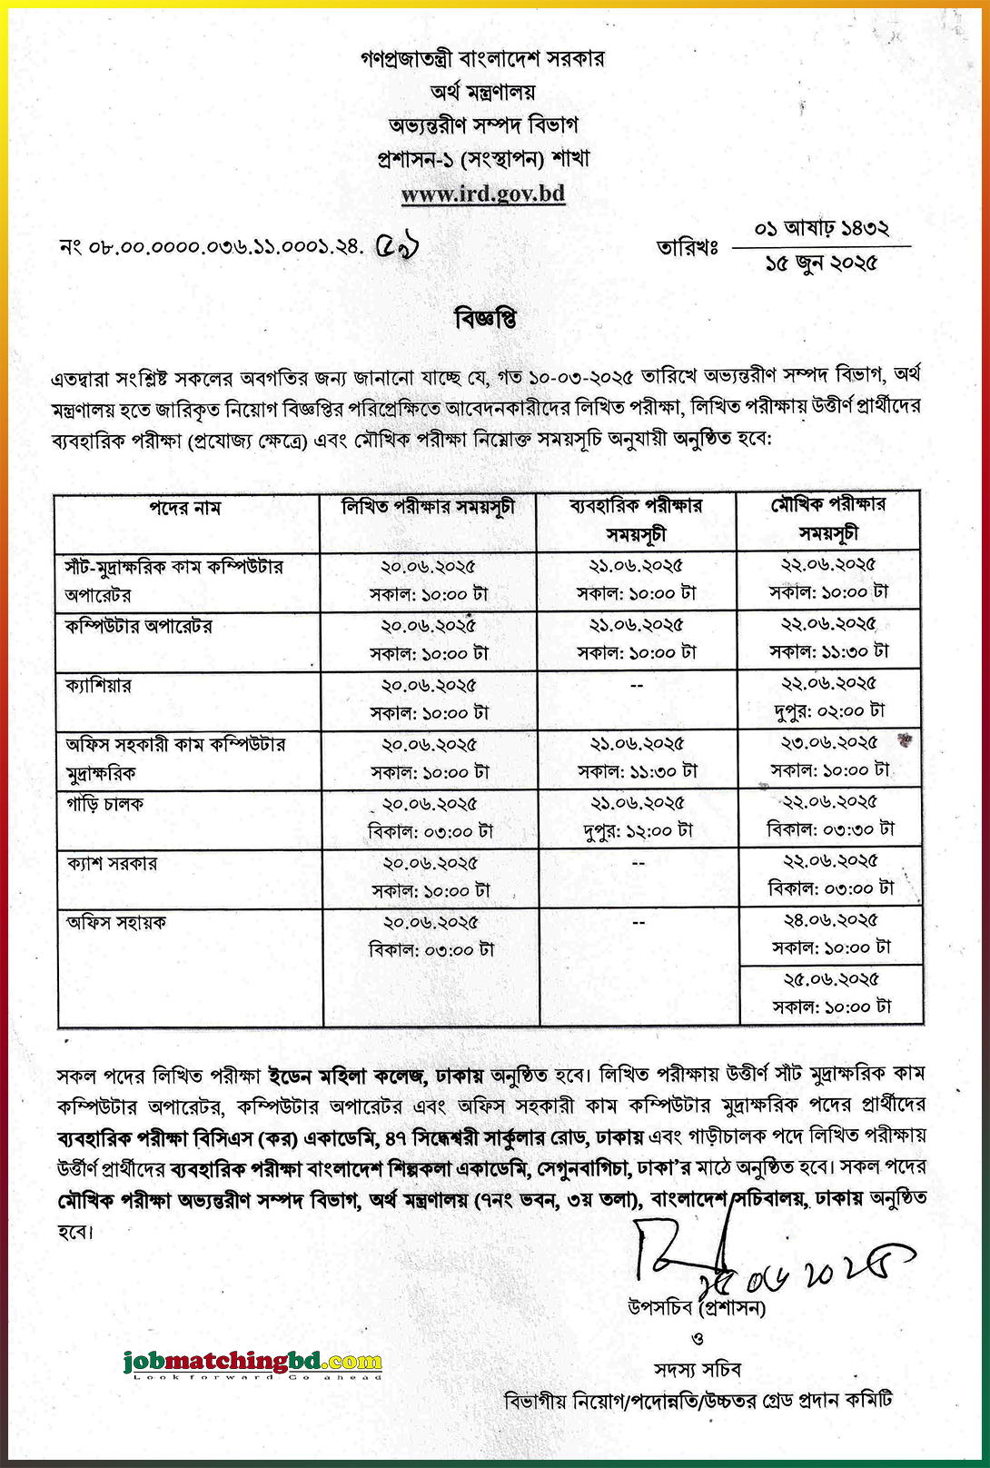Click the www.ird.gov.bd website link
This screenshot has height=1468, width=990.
(483, 193)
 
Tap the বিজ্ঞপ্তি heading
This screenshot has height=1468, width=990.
(485, 318)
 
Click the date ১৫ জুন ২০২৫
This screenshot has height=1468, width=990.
(821, 263)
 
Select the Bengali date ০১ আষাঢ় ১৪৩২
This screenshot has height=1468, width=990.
(821, 228)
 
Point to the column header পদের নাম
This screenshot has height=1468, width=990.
(185, 508)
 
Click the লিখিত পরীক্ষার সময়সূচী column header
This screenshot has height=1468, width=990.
(428, 507)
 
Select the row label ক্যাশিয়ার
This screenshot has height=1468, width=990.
(98, 685)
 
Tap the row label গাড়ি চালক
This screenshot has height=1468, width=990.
(104, 804)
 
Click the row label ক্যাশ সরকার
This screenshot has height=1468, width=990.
(112, 863)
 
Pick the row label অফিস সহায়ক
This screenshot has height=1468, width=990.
(115, 922)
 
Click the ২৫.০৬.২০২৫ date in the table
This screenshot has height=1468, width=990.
(831, 979)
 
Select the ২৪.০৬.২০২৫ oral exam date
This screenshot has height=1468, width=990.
(831, 920)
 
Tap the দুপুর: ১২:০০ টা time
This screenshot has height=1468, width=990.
(638, 830)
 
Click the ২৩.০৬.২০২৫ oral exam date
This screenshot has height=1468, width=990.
(830, 743)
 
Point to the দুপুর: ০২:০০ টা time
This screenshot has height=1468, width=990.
(829, 710)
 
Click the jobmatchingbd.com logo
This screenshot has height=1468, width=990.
(252, 1362)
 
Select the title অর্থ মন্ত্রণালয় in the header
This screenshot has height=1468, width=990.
(483, 92)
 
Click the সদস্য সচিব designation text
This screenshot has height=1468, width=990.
(697, 1369)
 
